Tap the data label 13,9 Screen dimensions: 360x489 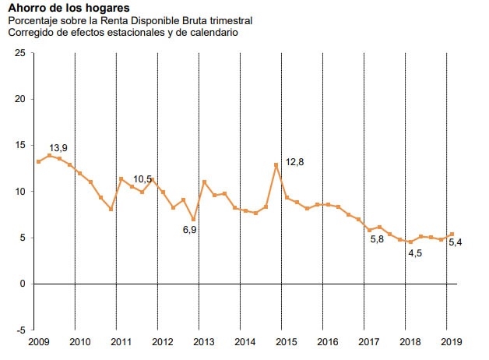(x=59, y=147)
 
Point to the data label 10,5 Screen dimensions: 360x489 (x=143, y=179)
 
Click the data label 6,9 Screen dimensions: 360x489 (x=190, y=230)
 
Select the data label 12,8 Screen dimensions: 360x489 (x=295, y=162)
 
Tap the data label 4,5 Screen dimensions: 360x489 (x=414, y=252)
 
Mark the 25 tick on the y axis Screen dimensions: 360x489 (x=20, y=53)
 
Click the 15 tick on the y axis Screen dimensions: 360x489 (x=20, y=145)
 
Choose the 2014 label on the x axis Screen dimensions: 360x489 (x=244, y=342)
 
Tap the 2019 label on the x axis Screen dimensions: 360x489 (x=450, y=342)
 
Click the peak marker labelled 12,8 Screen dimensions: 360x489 (x=276, y=164)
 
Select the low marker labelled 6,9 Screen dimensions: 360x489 (x=194, y=219)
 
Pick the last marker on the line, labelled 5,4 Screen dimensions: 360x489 (x=452, y=234)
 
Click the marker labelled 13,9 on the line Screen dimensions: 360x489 (x=49, y=156)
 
